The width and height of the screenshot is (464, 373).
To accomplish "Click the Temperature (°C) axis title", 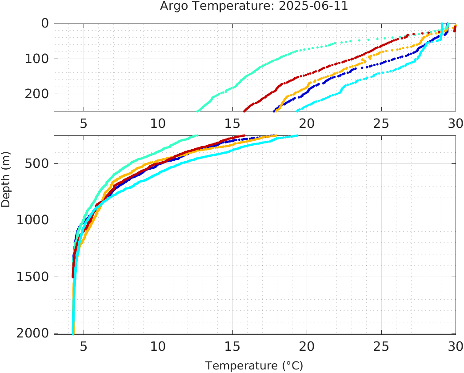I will tap(254, 366).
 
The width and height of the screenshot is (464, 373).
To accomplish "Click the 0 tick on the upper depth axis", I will tap(45, 24).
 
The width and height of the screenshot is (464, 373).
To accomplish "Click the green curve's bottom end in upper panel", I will tap(197, 111).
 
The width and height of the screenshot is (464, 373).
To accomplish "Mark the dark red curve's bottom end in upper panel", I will tap(244, 111).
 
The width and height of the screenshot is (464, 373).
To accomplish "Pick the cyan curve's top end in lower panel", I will tap(297, 136).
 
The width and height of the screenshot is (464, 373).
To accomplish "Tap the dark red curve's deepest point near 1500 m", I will tap(73, 277).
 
